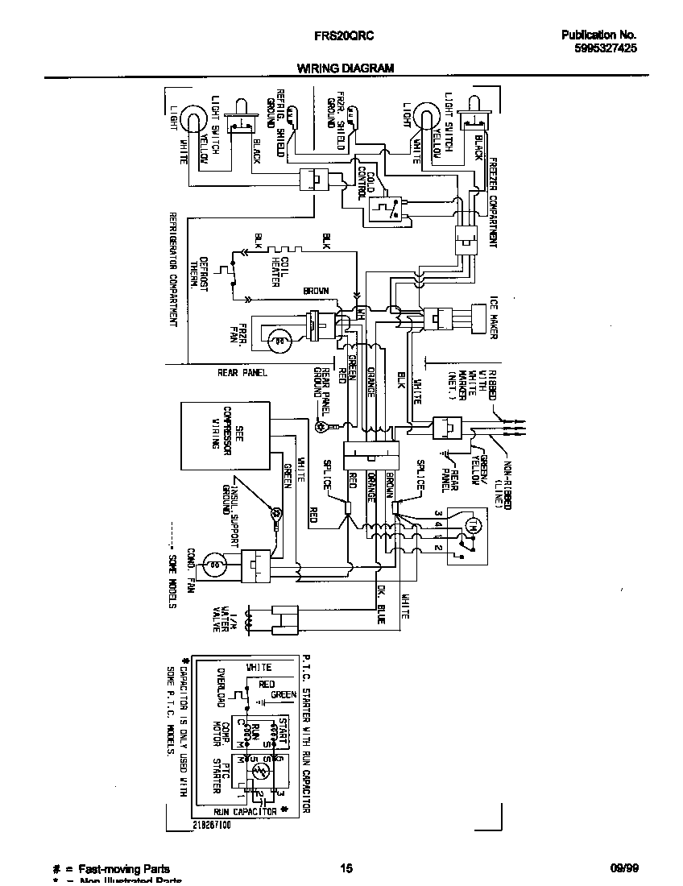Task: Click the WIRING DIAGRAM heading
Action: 346,68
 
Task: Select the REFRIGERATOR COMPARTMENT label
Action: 173,269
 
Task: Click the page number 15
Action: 346,868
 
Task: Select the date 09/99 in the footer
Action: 622,868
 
